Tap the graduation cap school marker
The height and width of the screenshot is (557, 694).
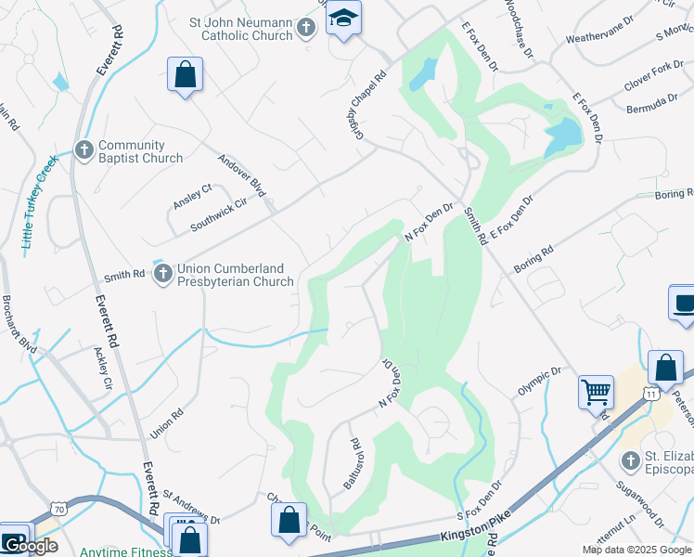point(344,19)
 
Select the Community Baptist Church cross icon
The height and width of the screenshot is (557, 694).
point(84,149)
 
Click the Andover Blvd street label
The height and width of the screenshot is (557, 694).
point(242,175)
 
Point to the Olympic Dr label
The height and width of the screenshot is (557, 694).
point(540,382)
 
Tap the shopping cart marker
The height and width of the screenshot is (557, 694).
point(595,390)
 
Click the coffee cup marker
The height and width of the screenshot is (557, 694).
point(684,304)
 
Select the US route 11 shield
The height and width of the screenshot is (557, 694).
point(652,395)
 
